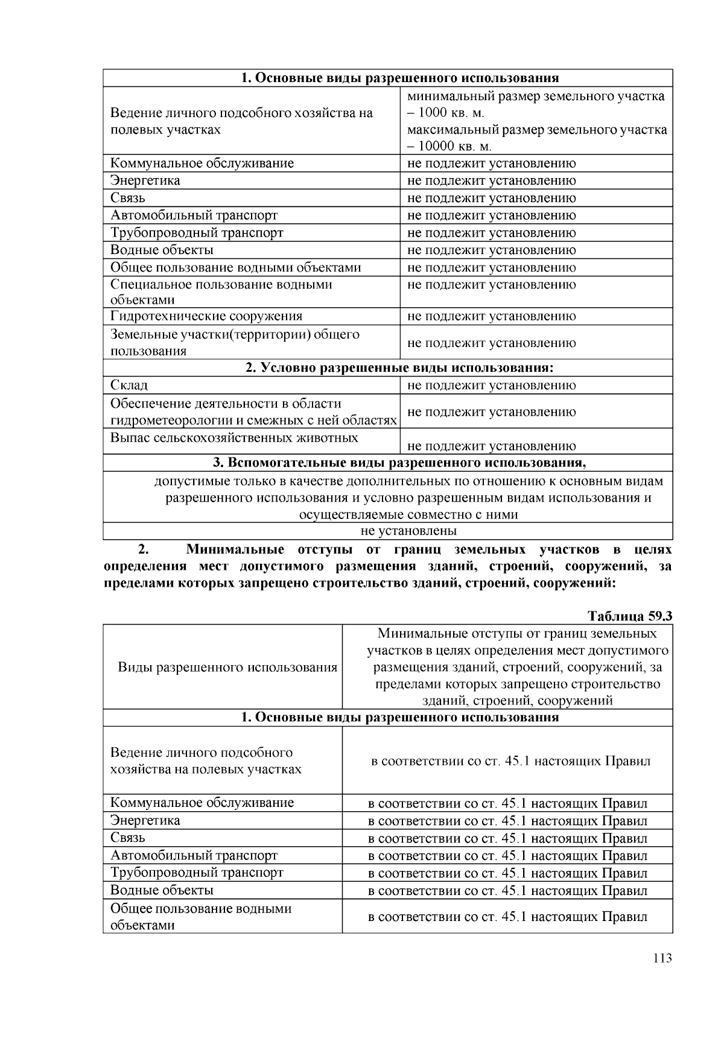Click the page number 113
tap(662, 958)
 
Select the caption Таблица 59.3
tap(630, 616)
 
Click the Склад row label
tap(129, 385)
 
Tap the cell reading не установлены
tap(408, 531)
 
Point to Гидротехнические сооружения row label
tap(206, 316)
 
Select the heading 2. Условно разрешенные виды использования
tap(399, 368)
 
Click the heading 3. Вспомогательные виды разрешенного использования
tap(399, 463)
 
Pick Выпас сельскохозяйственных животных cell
tap(234, 438)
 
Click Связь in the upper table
tap(128, 198)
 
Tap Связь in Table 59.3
tap(128, 838)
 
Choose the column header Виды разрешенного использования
tap(227, 667)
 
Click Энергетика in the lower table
tap(145, 820)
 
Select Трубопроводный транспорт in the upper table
tap(197, 233)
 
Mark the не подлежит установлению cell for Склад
tap(492, 385)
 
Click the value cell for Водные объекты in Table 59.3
tap(507, 891)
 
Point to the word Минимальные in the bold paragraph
tap(235, 550)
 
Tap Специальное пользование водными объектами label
tap(221, 292)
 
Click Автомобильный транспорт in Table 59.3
tap(194, 855)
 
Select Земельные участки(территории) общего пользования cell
tap(235, 343)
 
